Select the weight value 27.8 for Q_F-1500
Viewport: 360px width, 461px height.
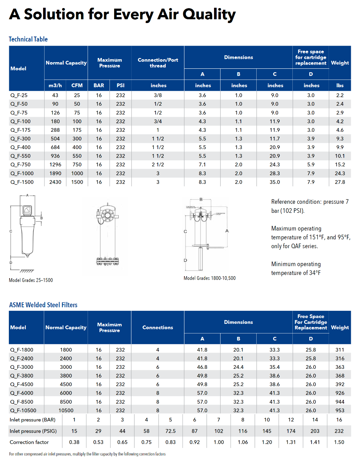(x=340, y=182)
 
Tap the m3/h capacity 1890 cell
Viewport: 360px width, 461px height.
(x=55, y=173)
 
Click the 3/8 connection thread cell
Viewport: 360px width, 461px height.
(x=158, y=95)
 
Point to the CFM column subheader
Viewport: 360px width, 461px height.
(x=77, y=86)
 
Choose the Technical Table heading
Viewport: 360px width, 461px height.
(x=28, y=39)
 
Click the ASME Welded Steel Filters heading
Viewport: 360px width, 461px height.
(x=43, y=305)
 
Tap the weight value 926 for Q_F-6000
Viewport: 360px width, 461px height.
(x=340, y=393)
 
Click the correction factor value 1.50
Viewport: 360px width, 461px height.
(x=339, y=442)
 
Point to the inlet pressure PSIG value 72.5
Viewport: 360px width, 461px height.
(x=171, y=431)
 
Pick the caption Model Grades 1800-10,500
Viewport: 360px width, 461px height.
(x=209, y=278)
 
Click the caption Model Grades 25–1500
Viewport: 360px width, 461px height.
(x=31, y=280)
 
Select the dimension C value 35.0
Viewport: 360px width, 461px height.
(x=275, y=182)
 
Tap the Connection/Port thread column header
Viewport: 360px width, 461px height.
(x=158, y=63)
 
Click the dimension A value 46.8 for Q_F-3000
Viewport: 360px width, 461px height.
(x=202, y=367)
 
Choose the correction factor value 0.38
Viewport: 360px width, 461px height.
(x=74, y=442)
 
